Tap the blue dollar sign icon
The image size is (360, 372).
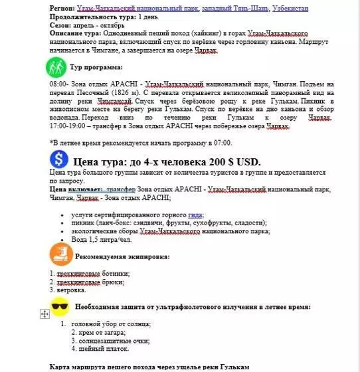click(x=60, y=160)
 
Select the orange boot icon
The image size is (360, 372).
click(x=60, y=255)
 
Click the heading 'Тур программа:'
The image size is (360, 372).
click(x=96, y=68)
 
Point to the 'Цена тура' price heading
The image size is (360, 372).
click(x=166, y=161)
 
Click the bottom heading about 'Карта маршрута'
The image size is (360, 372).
click(x=149, y=367)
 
